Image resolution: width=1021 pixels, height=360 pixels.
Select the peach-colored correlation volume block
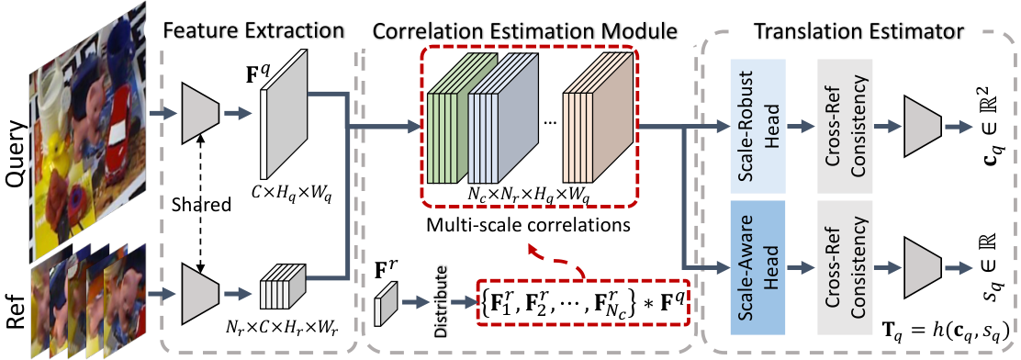pos(599,119)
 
